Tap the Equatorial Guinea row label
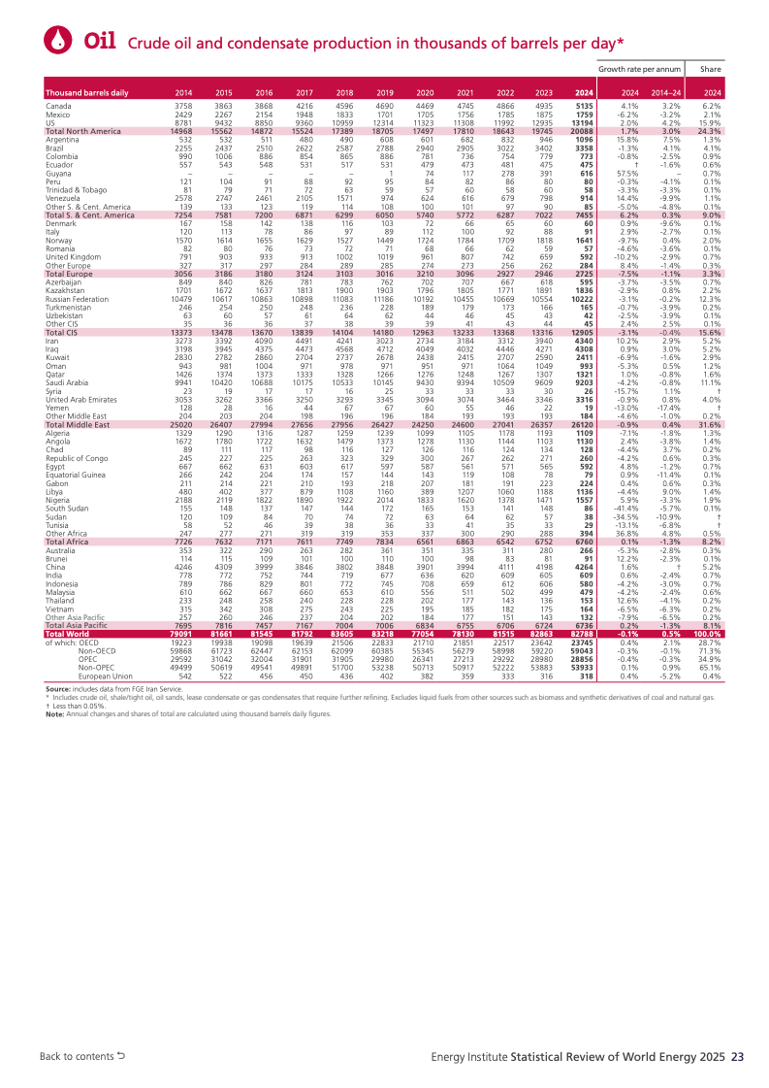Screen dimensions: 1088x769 (x=77, y=475)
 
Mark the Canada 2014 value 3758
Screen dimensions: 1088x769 (x=183, y=105)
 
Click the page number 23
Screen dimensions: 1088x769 (x=737, y=1055)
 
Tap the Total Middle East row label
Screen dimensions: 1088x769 (x=78, y=424)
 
